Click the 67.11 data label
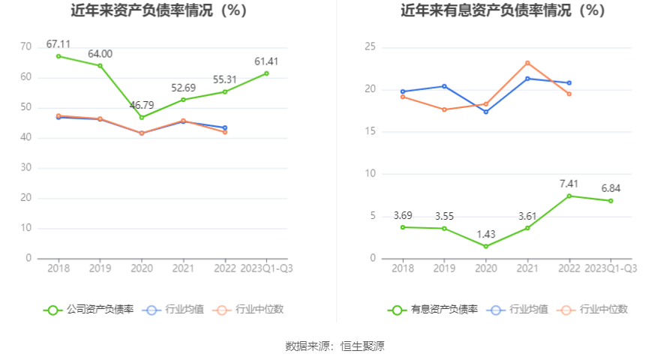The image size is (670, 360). pos(59,44)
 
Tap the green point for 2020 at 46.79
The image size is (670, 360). pos(141,117)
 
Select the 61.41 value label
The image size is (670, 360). pos(266,61)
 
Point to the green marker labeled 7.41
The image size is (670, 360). pos(569,196)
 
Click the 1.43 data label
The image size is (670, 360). pos(486,235)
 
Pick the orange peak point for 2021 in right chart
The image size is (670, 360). pos(527,63)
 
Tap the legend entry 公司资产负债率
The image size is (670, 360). pos(89,309)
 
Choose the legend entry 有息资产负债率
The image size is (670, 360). pos(433,309)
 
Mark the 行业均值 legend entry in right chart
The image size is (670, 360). pos(518,309)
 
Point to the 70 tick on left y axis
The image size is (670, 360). pos(26,47)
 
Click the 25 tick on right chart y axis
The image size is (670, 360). pos(370,47)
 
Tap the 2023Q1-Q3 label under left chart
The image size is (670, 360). pos(266,268)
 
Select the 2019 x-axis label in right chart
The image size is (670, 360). pos(444,268)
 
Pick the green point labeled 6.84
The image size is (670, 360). pos(611,200)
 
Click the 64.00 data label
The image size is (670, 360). pos(100,54)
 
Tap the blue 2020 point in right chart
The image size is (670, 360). pos(486,112)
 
